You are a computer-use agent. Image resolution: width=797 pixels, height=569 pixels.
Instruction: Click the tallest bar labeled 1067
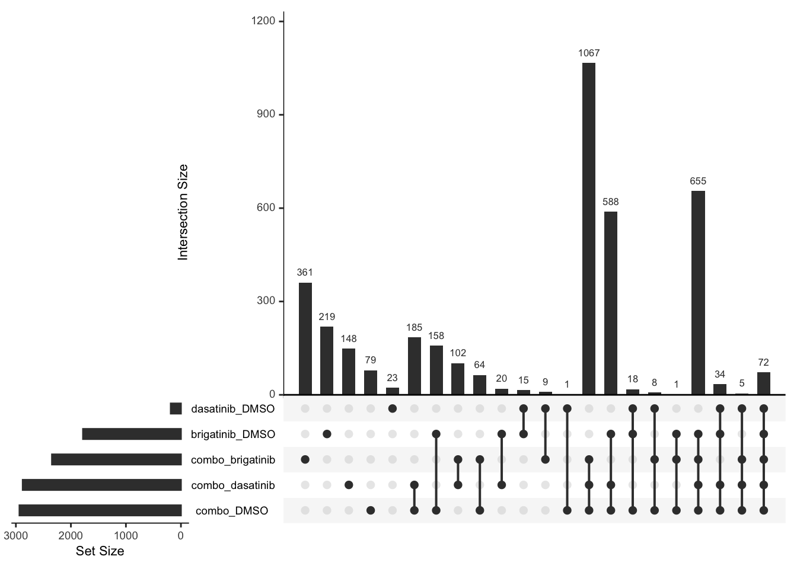tap(589, 228)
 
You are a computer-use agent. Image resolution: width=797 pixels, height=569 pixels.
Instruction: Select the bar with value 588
tap(611, 303)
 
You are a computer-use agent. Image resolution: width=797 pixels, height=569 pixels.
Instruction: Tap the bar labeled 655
tap(698, 292)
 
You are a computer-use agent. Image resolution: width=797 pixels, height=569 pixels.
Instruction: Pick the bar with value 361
tap(305, 338)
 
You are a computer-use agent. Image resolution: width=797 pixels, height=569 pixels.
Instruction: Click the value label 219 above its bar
tap(327, 317)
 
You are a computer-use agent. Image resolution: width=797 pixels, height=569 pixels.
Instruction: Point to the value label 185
tap(414, 327)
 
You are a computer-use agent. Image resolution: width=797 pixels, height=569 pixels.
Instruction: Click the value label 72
tap(763, 362)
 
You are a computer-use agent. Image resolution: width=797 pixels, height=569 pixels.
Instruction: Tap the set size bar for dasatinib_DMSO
tap(176, 408)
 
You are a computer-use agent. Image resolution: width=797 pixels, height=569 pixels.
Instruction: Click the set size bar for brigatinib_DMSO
tap(132, 434)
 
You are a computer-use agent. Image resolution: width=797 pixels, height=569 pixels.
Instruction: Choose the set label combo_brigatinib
tap(233, 459)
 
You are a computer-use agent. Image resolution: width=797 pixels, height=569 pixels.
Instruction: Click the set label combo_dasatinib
tap(233, 485)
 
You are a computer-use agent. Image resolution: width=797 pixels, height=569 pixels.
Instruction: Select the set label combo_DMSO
tap(232, 511)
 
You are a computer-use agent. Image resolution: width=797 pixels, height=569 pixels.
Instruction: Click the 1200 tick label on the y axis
tap(263, 21)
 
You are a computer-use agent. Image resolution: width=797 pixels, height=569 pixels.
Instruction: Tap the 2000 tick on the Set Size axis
tap(71, 536)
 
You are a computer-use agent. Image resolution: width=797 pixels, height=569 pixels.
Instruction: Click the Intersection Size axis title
tap(183, 212)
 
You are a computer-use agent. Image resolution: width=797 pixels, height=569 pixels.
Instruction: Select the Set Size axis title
tap(100, 551)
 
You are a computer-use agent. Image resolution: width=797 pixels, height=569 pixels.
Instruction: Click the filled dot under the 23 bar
tap(392, 408)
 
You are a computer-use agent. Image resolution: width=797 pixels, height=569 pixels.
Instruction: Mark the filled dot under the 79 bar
tap(371, 510)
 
